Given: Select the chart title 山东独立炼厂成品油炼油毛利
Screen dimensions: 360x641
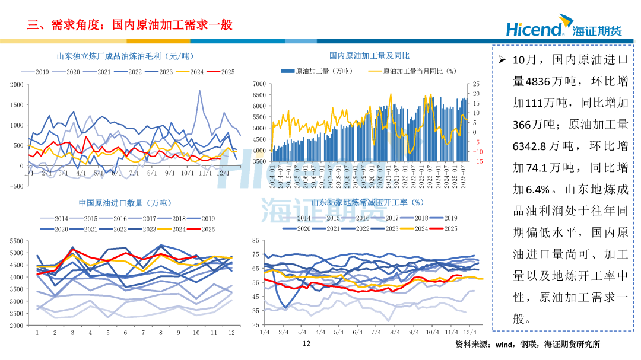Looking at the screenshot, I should click(x=125, y=56).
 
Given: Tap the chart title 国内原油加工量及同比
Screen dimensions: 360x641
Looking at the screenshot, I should click(x=369, y=56).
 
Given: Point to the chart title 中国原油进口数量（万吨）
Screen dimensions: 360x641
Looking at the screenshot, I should click(x=119, y=203).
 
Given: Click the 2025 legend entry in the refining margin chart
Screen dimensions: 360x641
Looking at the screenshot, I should click(x=221, y=72).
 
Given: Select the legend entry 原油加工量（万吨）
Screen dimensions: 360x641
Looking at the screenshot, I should click(x=318, y=71).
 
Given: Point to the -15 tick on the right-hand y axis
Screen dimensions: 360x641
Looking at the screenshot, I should click(x=478, y=161).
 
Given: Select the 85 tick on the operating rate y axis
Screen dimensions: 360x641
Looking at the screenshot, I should click(x=255, y=240).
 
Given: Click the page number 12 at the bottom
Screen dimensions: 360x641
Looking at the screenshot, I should click(x=306, y=344).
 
